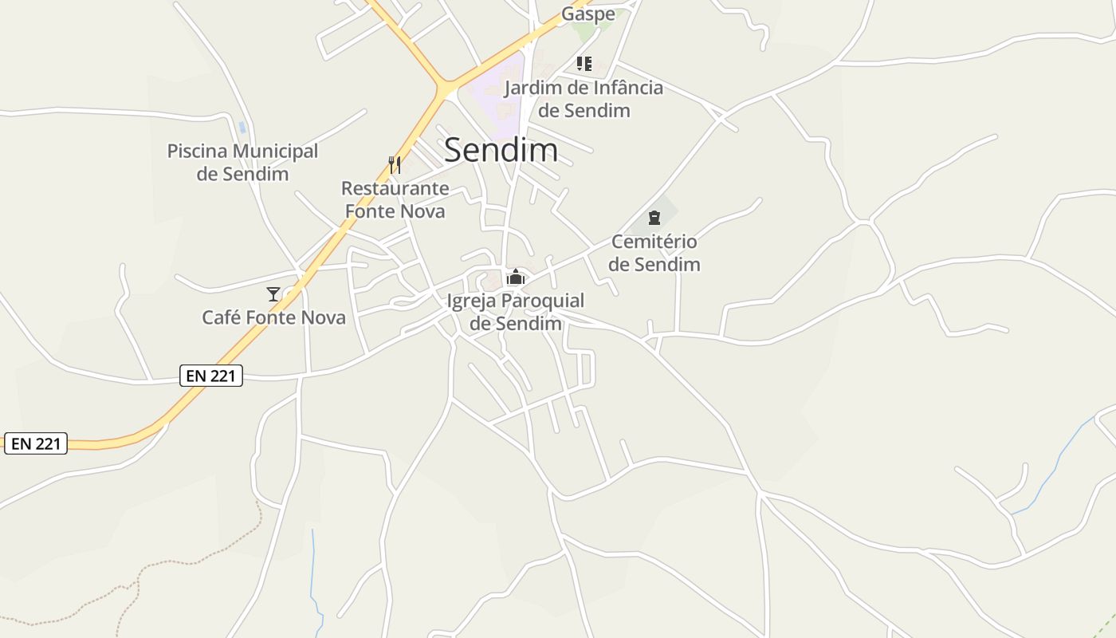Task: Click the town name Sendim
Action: pyautogui.click(x=501, y=150)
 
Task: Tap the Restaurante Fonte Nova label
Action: pyautogui.click(x=395, y=199)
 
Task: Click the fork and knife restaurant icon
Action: pyautogui.click(x=395, y=165)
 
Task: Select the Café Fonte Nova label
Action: pyautogui.click(x=273, y=317)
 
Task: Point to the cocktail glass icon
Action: pyautogui.click(x=273, y=294)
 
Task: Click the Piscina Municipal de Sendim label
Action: pyautogui.click(x=242, y=162)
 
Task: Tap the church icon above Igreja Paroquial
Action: pyautogui.click(x=516, y=278)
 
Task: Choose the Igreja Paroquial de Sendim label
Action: pyautogui.click(x=516, y=312)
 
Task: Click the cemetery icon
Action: pyautogui.click(x=654, y=218)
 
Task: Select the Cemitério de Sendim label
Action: pyautogui.click(x=654, y=253)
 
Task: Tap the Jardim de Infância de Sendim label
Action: pyautogui.click(x=584, y=99)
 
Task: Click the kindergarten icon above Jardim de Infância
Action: pyautogui.click(x=584, y=64)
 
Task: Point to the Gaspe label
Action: pyautogui.click(x=588, y=14)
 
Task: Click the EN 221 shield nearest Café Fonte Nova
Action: pyautogui.click(x=211, y=375)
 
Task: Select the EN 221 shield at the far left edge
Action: pyautogui.click(x=36, y=443)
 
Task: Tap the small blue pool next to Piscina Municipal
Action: pyautogui.click(x=242, y=128)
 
